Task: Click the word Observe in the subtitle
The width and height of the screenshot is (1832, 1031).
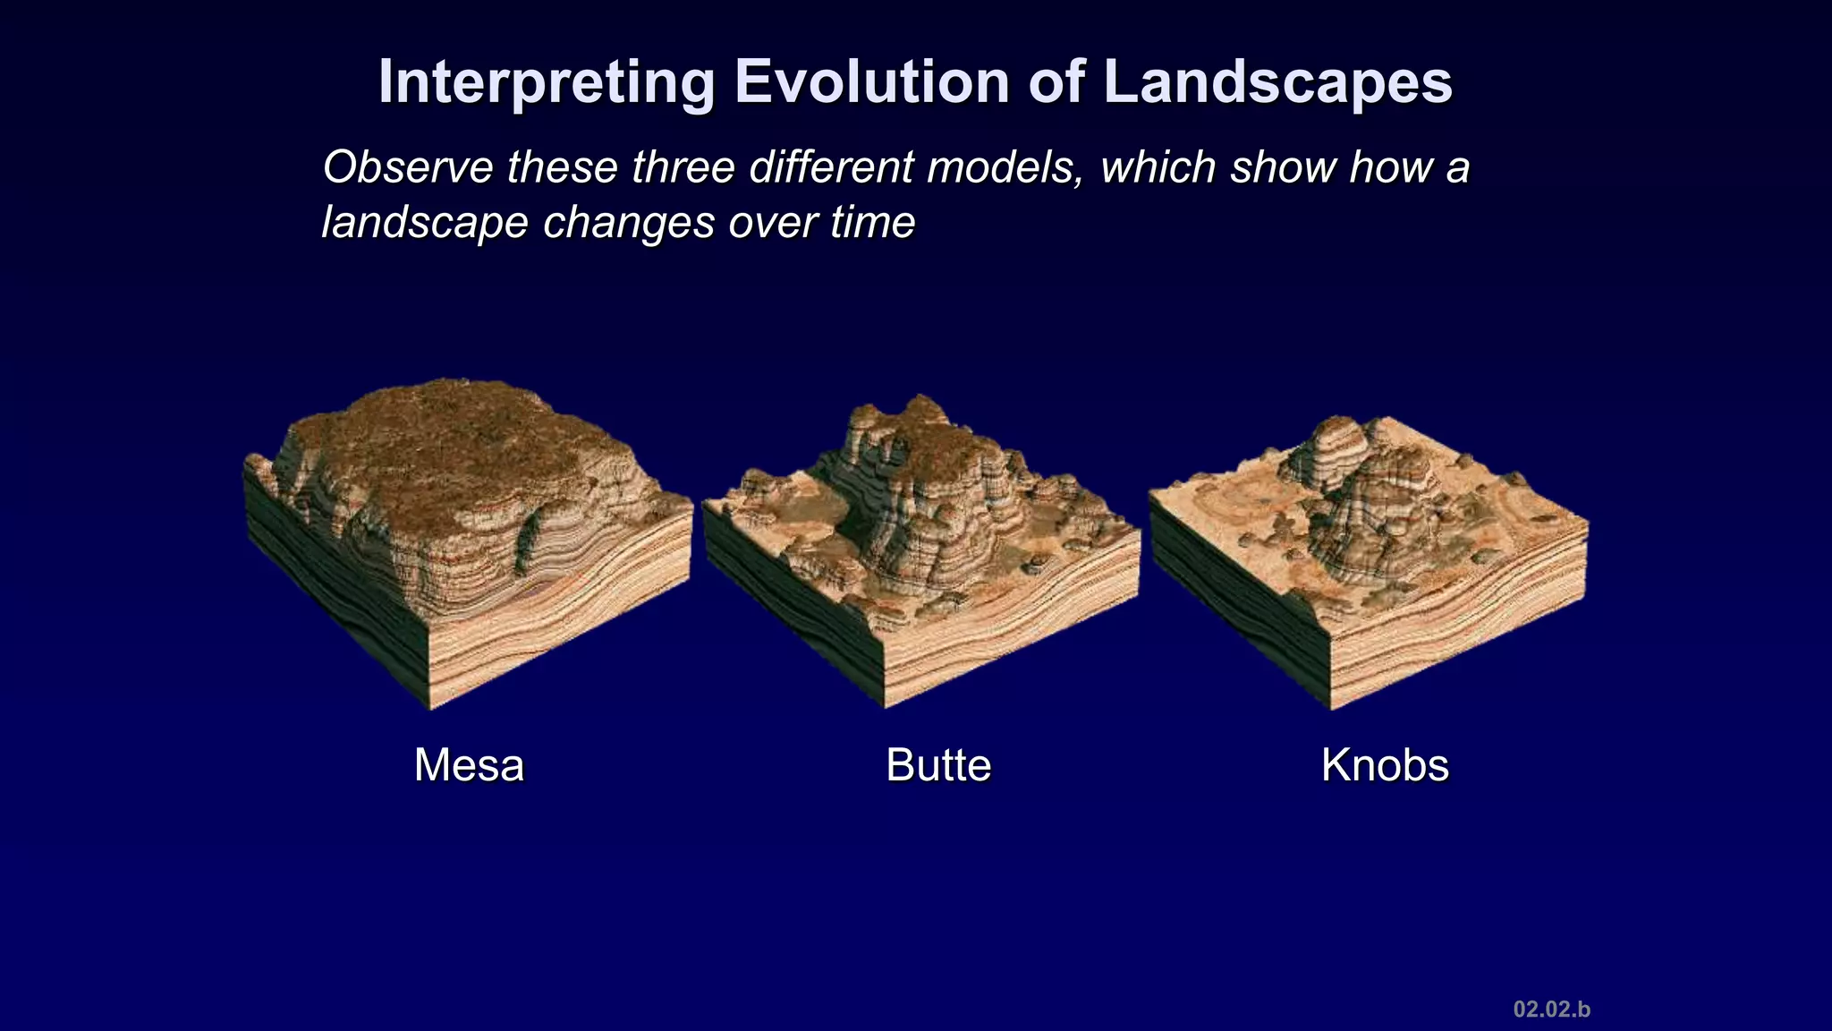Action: [407, 167]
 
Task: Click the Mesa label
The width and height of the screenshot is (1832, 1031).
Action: [469, 765]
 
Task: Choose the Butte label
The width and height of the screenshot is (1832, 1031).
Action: [938, 765]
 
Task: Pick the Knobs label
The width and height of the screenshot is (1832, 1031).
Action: [1385, 765]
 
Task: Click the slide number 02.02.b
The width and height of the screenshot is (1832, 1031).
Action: [1551, 1010]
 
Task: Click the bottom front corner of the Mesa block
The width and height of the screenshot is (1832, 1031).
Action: [430, 708]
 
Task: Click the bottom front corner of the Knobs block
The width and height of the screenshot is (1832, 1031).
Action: [1330, 708]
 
